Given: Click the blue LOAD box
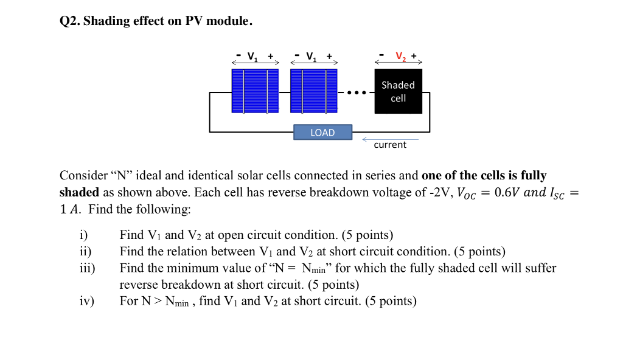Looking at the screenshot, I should (322, 133).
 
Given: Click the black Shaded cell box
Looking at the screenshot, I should (398, 91).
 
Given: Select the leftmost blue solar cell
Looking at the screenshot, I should (255, 91).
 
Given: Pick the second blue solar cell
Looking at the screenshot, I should (313, 91).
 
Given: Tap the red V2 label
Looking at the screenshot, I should (400, 57).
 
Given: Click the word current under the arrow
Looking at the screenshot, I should (390, 145).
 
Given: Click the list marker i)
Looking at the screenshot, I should (84, 235).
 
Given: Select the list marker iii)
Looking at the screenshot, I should (88, 268).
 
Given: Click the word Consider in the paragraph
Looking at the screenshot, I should (83, 176).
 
